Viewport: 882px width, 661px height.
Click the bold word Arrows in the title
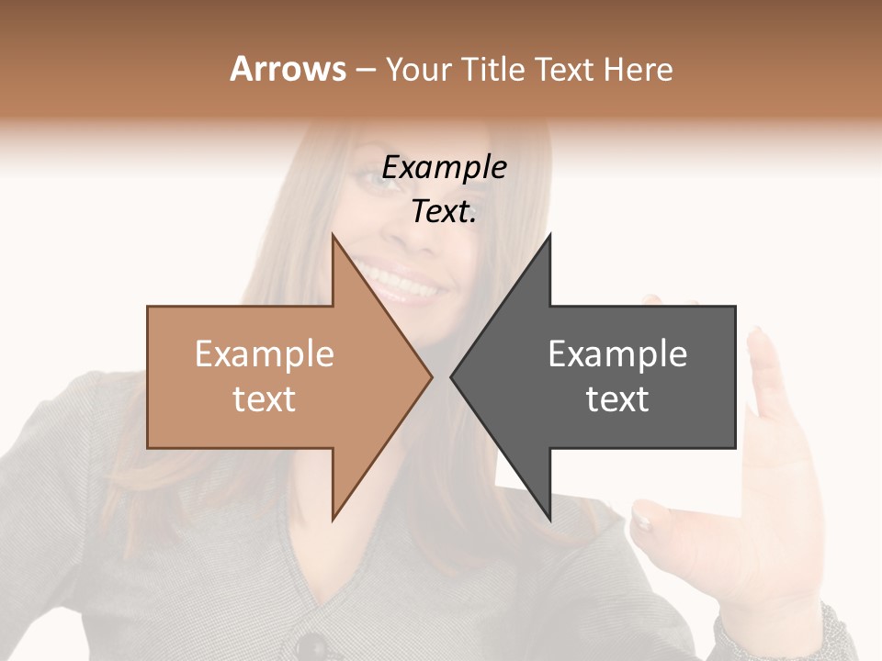click(288, 69)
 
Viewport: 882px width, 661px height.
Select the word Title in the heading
click(494, 70)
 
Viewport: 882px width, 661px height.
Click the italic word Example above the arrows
click(444, 168)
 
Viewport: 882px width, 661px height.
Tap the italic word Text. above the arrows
click(444, 212)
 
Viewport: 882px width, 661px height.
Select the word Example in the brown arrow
click(264, 354)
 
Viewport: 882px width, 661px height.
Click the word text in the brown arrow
click(264, 399)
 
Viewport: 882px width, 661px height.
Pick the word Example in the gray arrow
click(617, 354)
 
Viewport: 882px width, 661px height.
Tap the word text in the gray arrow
click(617, 399)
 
